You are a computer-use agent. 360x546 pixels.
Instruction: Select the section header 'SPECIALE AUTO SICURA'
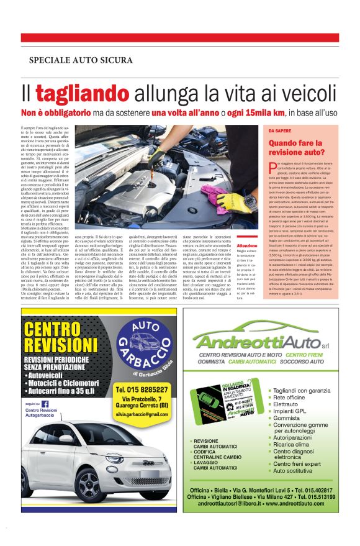[80, 60]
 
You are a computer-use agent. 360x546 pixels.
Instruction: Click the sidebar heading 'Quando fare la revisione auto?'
[296, 147]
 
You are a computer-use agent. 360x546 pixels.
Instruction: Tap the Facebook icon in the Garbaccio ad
[45, 403]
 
